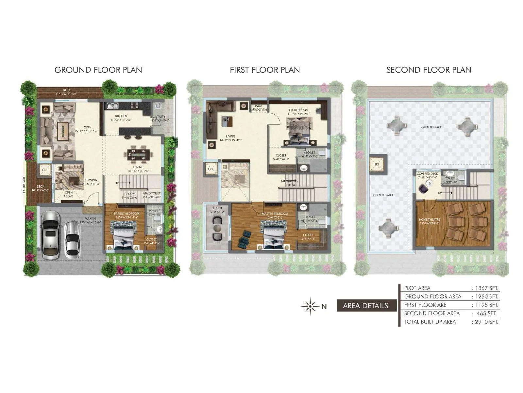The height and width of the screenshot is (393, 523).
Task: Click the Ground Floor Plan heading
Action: tap(98, 70)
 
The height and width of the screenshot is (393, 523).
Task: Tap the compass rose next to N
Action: tap(310, 307)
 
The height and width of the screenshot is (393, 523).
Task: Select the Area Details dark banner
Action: tap(365, 306)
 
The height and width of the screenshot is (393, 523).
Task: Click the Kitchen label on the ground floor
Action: tap(121, 116)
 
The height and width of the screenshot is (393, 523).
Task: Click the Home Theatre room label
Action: tap(430, 220)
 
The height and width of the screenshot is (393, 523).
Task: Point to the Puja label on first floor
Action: tap(259, 106)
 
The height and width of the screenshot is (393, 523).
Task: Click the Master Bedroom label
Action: tap(275, 214)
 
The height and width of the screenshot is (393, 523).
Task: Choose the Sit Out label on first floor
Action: tap(217, 208)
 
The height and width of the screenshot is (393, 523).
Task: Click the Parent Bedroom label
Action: tap(127, 214)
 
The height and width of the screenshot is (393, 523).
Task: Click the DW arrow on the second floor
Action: tap(445, 193)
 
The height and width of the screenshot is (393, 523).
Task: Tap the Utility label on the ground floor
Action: tap(160, 117)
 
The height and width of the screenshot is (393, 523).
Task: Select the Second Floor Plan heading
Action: tap(429, 70)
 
